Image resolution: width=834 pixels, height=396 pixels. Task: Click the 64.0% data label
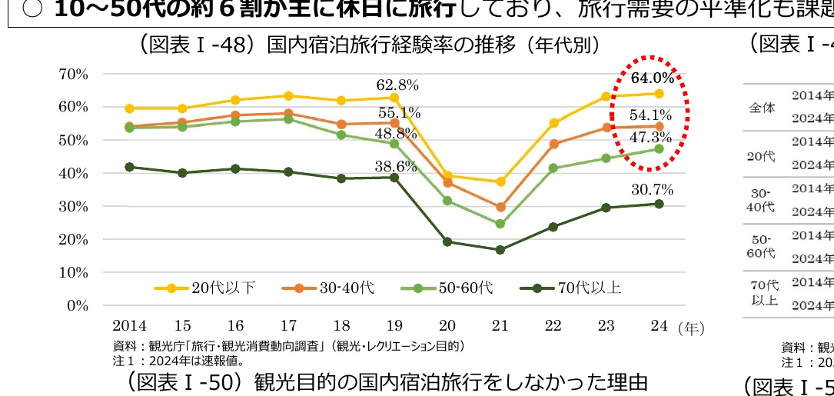[653, 78]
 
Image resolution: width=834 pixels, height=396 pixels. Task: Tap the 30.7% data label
[652, 189]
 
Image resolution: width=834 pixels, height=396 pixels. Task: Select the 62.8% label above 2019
[397, 85]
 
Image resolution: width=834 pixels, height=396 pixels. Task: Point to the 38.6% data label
[396, 166]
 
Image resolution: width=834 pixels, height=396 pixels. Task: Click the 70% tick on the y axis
[73, 74]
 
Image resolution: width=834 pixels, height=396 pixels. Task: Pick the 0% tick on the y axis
[78, 305]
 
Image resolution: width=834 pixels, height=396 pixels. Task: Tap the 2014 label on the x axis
[129, 326]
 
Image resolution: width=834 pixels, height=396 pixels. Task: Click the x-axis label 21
[500, 326]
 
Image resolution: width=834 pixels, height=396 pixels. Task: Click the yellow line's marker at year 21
[500, 181]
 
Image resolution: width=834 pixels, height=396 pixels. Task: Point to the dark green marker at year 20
[447, 241]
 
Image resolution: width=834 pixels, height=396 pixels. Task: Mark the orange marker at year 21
[500, 207]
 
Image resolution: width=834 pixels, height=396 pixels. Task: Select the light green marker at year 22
[553, 168]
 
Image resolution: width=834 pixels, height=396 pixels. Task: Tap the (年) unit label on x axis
[691, 328]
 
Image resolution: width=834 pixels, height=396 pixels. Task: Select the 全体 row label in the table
[762, 108]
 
